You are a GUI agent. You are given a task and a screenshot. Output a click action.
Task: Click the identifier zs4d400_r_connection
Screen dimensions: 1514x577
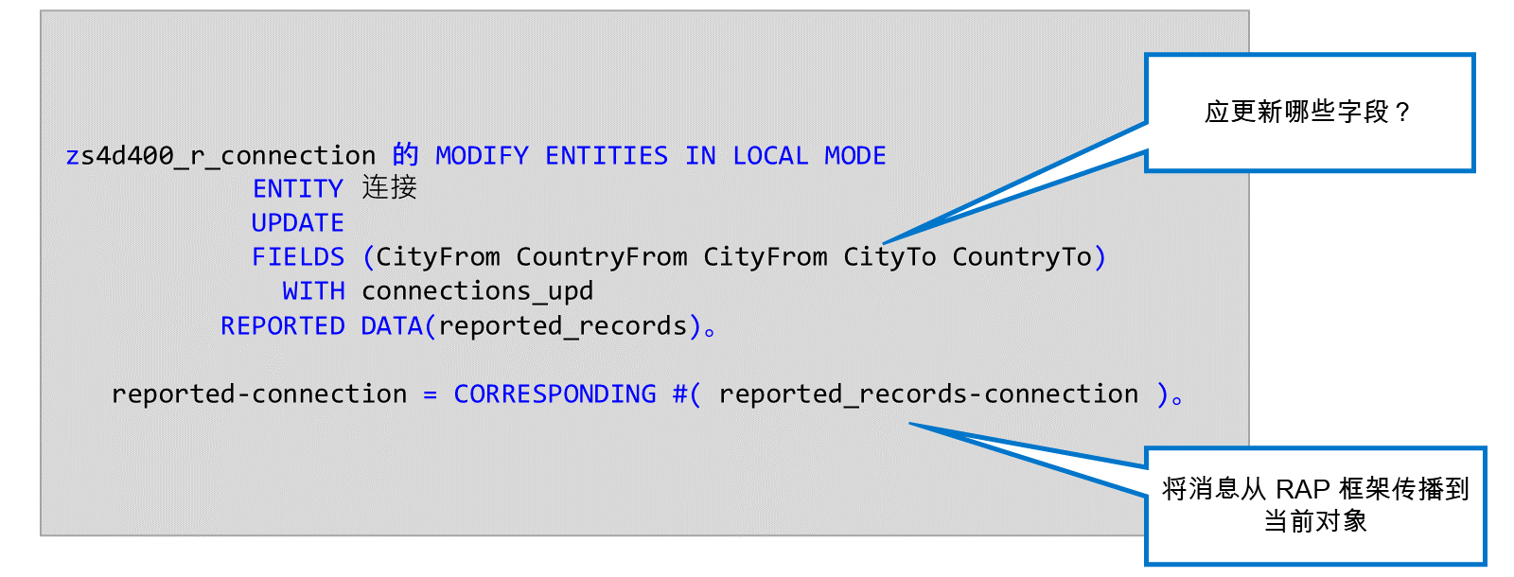[220, 156]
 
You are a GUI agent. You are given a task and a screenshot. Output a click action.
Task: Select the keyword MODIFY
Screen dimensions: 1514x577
[482, 156]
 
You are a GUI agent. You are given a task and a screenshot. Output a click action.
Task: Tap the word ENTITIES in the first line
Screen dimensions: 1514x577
[607, 156]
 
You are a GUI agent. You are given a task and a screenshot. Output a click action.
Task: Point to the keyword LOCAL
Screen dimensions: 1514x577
[770, 156]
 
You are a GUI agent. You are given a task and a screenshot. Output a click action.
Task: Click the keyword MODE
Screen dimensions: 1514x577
[855, 156]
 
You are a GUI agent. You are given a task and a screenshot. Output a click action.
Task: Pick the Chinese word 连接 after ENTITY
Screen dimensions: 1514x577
[389, 188]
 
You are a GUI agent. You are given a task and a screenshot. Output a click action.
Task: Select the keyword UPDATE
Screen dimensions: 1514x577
[297, 223]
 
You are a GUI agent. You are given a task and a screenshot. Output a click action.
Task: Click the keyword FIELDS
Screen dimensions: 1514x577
[297, 257]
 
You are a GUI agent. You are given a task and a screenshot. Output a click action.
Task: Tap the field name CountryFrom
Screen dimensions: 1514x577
[602, 257]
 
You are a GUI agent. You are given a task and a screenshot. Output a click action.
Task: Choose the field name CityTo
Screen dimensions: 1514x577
[889, 257]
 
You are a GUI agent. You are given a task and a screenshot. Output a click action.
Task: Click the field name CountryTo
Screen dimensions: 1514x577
[1022, 257]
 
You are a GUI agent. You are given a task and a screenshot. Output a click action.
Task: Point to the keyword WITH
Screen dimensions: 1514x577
[313, 291]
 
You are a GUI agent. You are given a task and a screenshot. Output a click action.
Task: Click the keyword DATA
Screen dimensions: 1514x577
[392, 326]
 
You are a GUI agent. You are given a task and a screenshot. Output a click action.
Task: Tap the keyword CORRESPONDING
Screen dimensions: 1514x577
[555, 393]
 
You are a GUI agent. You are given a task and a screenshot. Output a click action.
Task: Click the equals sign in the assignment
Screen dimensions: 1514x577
[430, 394]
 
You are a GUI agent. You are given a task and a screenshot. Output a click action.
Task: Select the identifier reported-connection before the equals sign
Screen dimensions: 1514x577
[259, 393]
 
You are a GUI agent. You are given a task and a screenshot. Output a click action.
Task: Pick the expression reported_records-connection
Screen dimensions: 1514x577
[928, 393]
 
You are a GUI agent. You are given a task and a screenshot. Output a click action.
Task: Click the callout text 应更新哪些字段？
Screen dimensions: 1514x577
[1308, 113]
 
